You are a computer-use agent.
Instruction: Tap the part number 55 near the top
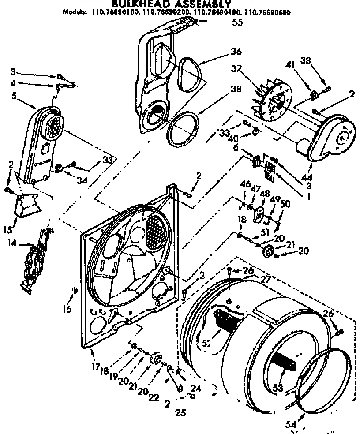coord(237,24)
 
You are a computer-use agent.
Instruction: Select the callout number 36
coord(236,52)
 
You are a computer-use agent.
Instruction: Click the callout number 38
coord(236,89)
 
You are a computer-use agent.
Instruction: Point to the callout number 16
coord(67,309)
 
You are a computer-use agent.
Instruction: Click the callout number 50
coord(285,204)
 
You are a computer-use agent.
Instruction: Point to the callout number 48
coord(265,193)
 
